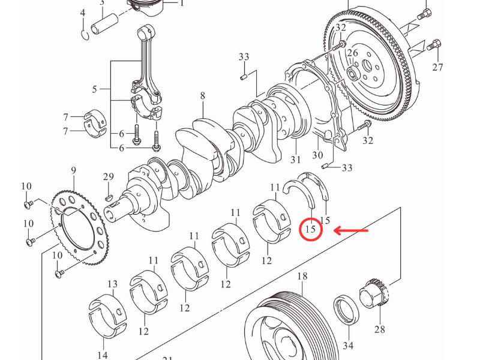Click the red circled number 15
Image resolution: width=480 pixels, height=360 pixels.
tap(310, 230)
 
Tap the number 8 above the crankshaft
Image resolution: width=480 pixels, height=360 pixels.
tap(203, 95)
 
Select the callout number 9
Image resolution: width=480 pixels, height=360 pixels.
tap(73, 171)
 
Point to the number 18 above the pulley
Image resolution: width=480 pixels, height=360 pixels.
tap(302, 276)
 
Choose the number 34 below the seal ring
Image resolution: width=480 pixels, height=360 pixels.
tap(348, 346)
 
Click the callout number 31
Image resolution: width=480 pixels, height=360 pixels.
tap(295, 160)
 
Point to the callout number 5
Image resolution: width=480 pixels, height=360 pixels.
tap(94, 90)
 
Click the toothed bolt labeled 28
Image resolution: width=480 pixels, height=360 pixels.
tap(374, 295)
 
